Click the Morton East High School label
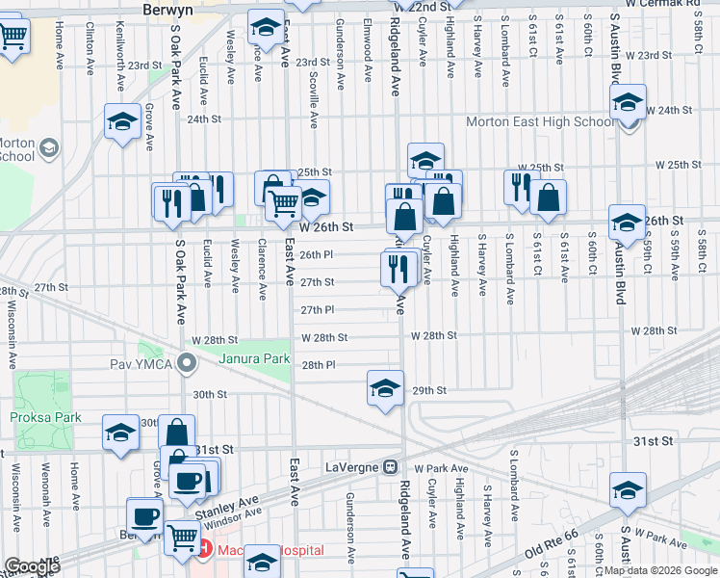[x=539, y=122]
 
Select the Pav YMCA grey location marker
[x=187, y=363]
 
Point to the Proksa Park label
[x=47, y=417]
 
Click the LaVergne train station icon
[x=391, y=466]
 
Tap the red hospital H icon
[x=204, y=549]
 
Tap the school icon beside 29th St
[x=385, y=388]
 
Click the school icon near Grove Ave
[x=122, y=121]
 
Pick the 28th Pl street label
[x=318, y=365]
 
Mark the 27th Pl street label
[x=317, y=310]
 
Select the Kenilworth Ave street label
[x=117, y=53]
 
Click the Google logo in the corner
[x=31, y=566]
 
